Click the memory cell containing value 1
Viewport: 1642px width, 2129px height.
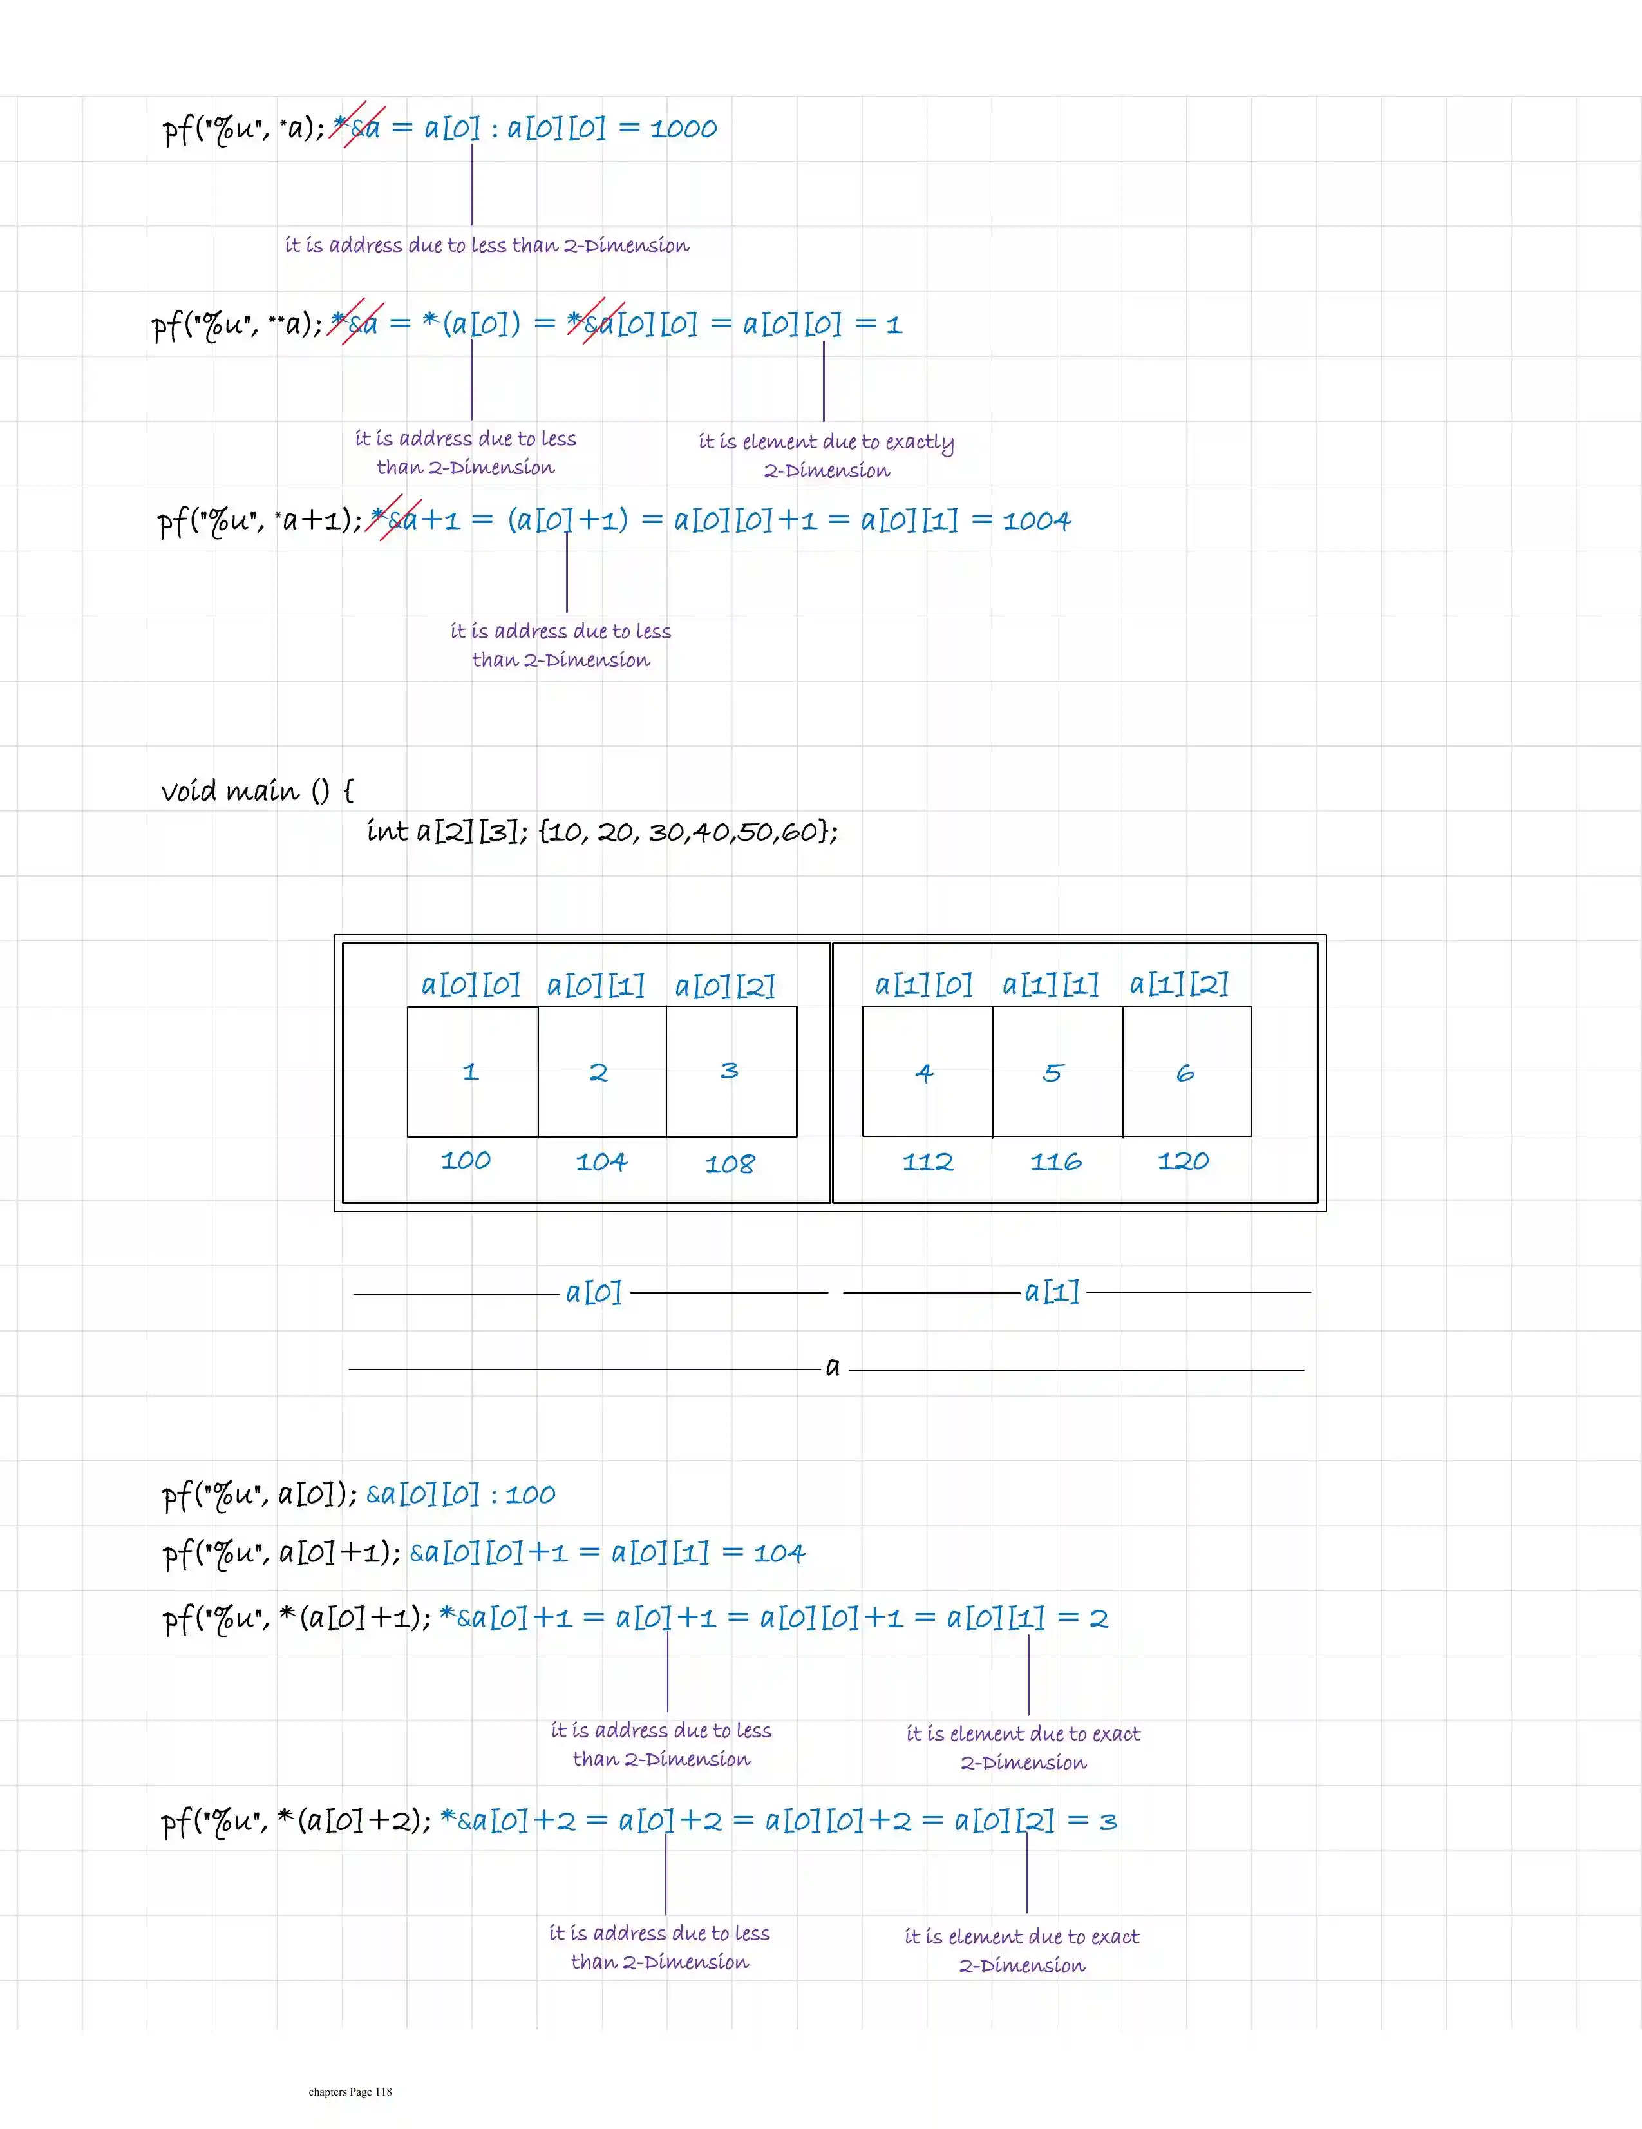(x=471, y=1071)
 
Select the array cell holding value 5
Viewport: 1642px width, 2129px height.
(x=1056, y=1071)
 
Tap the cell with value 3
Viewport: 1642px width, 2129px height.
(x=731, y=1071)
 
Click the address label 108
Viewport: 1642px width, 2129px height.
(x=730, y=1163)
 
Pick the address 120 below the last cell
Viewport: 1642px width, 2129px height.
(x=1183, y=1160)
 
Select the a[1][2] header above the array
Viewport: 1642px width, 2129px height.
(x=1179, y=984)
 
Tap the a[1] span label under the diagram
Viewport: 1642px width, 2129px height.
(x=1052, y=1292)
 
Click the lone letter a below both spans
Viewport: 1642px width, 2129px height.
(x=832, y=1367)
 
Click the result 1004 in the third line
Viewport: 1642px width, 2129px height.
(x=1037, y=520)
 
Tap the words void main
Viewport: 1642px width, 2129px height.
(x=229, y=790)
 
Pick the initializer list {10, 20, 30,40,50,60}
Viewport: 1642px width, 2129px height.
(x=688, y=832)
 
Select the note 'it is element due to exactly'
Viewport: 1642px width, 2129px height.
(x=826, y=443)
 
